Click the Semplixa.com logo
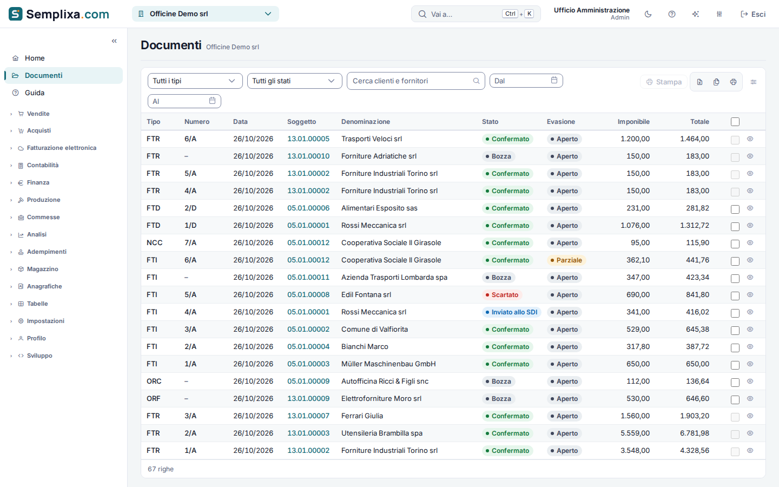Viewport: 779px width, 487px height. click(x=59, y=14)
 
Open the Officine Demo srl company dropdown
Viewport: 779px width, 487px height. click(x=205, y=14)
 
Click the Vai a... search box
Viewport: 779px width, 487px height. click(x=476, y=14)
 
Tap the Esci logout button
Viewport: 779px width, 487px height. click(x=753, y=14)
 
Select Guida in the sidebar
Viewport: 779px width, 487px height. click(x=35, y=93)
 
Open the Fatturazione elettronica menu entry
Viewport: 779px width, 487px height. click(x=62, y=148)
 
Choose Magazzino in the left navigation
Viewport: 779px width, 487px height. click(x=42, y=269)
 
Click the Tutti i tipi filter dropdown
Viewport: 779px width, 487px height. click(x=195, y=81)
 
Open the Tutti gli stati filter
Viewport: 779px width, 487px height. click(x=294, y=81)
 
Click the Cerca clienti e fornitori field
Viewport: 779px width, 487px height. click(x=416, y=81)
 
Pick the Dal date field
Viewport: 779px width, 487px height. click(x=526, y=81)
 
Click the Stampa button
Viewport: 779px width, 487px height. click(x=664, y=82)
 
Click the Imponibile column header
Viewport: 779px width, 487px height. click(x=633, y=122)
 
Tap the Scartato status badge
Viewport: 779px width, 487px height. click(x=502, y=295)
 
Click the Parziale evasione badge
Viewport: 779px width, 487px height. click(x=566, y=260)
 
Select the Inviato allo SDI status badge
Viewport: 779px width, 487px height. click(x=512, y=312)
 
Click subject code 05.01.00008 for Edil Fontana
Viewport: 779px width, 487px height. click(x=308, y=294)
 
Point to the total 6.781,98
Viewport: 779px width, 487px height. click(x=695, y=433)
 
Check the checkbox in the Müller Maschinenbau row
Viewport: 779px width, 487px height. click(x=735, y=365)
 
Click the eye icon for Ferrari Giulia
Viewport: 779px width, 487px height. click(x=750, y=416)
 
